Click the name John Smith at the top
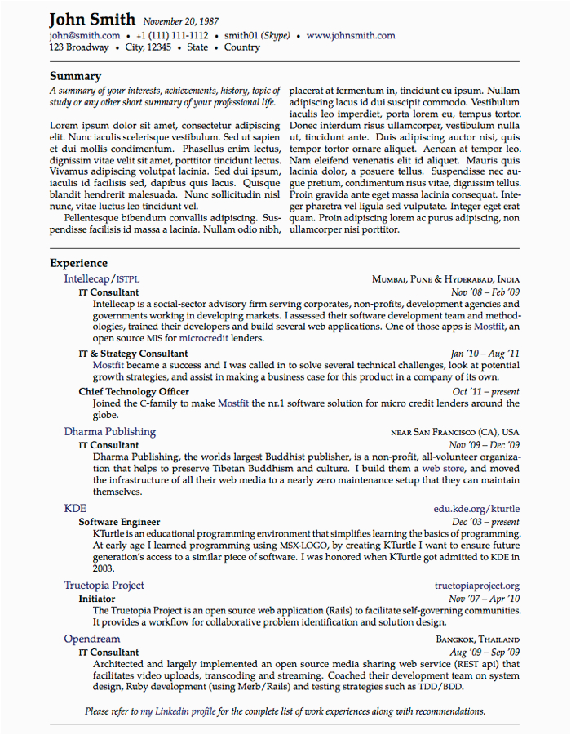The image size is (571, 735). [93, 20]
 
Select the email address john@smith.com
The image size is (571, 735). [85, 36]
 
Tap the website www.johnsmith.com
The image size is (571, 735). [351, 36]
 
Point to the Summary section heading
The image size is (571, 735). [75, 76]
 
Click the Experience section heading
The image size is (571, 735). [78, 263]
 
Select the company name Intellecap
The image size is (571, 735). [86, 278]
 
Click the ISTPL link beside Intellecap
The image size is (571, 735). [128, 279]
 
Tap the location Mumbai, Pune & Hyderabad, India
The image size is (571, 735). [445, 279]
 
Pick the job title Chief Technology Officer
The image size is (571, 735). [134, 391]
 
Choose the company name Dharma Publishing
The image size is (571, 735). [109, 431]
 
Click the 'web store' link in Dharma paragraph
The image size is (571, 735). [442, 470]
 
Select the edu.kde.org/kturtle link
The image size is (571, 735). [476, 509]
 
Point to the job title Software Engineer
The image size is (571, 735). [119, 522]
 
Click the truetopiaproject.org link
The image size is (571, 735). [476, 586]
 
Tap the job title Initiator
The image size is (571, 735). [97, 599]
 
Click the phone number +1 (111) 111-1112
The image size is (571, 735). [172, 36]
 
